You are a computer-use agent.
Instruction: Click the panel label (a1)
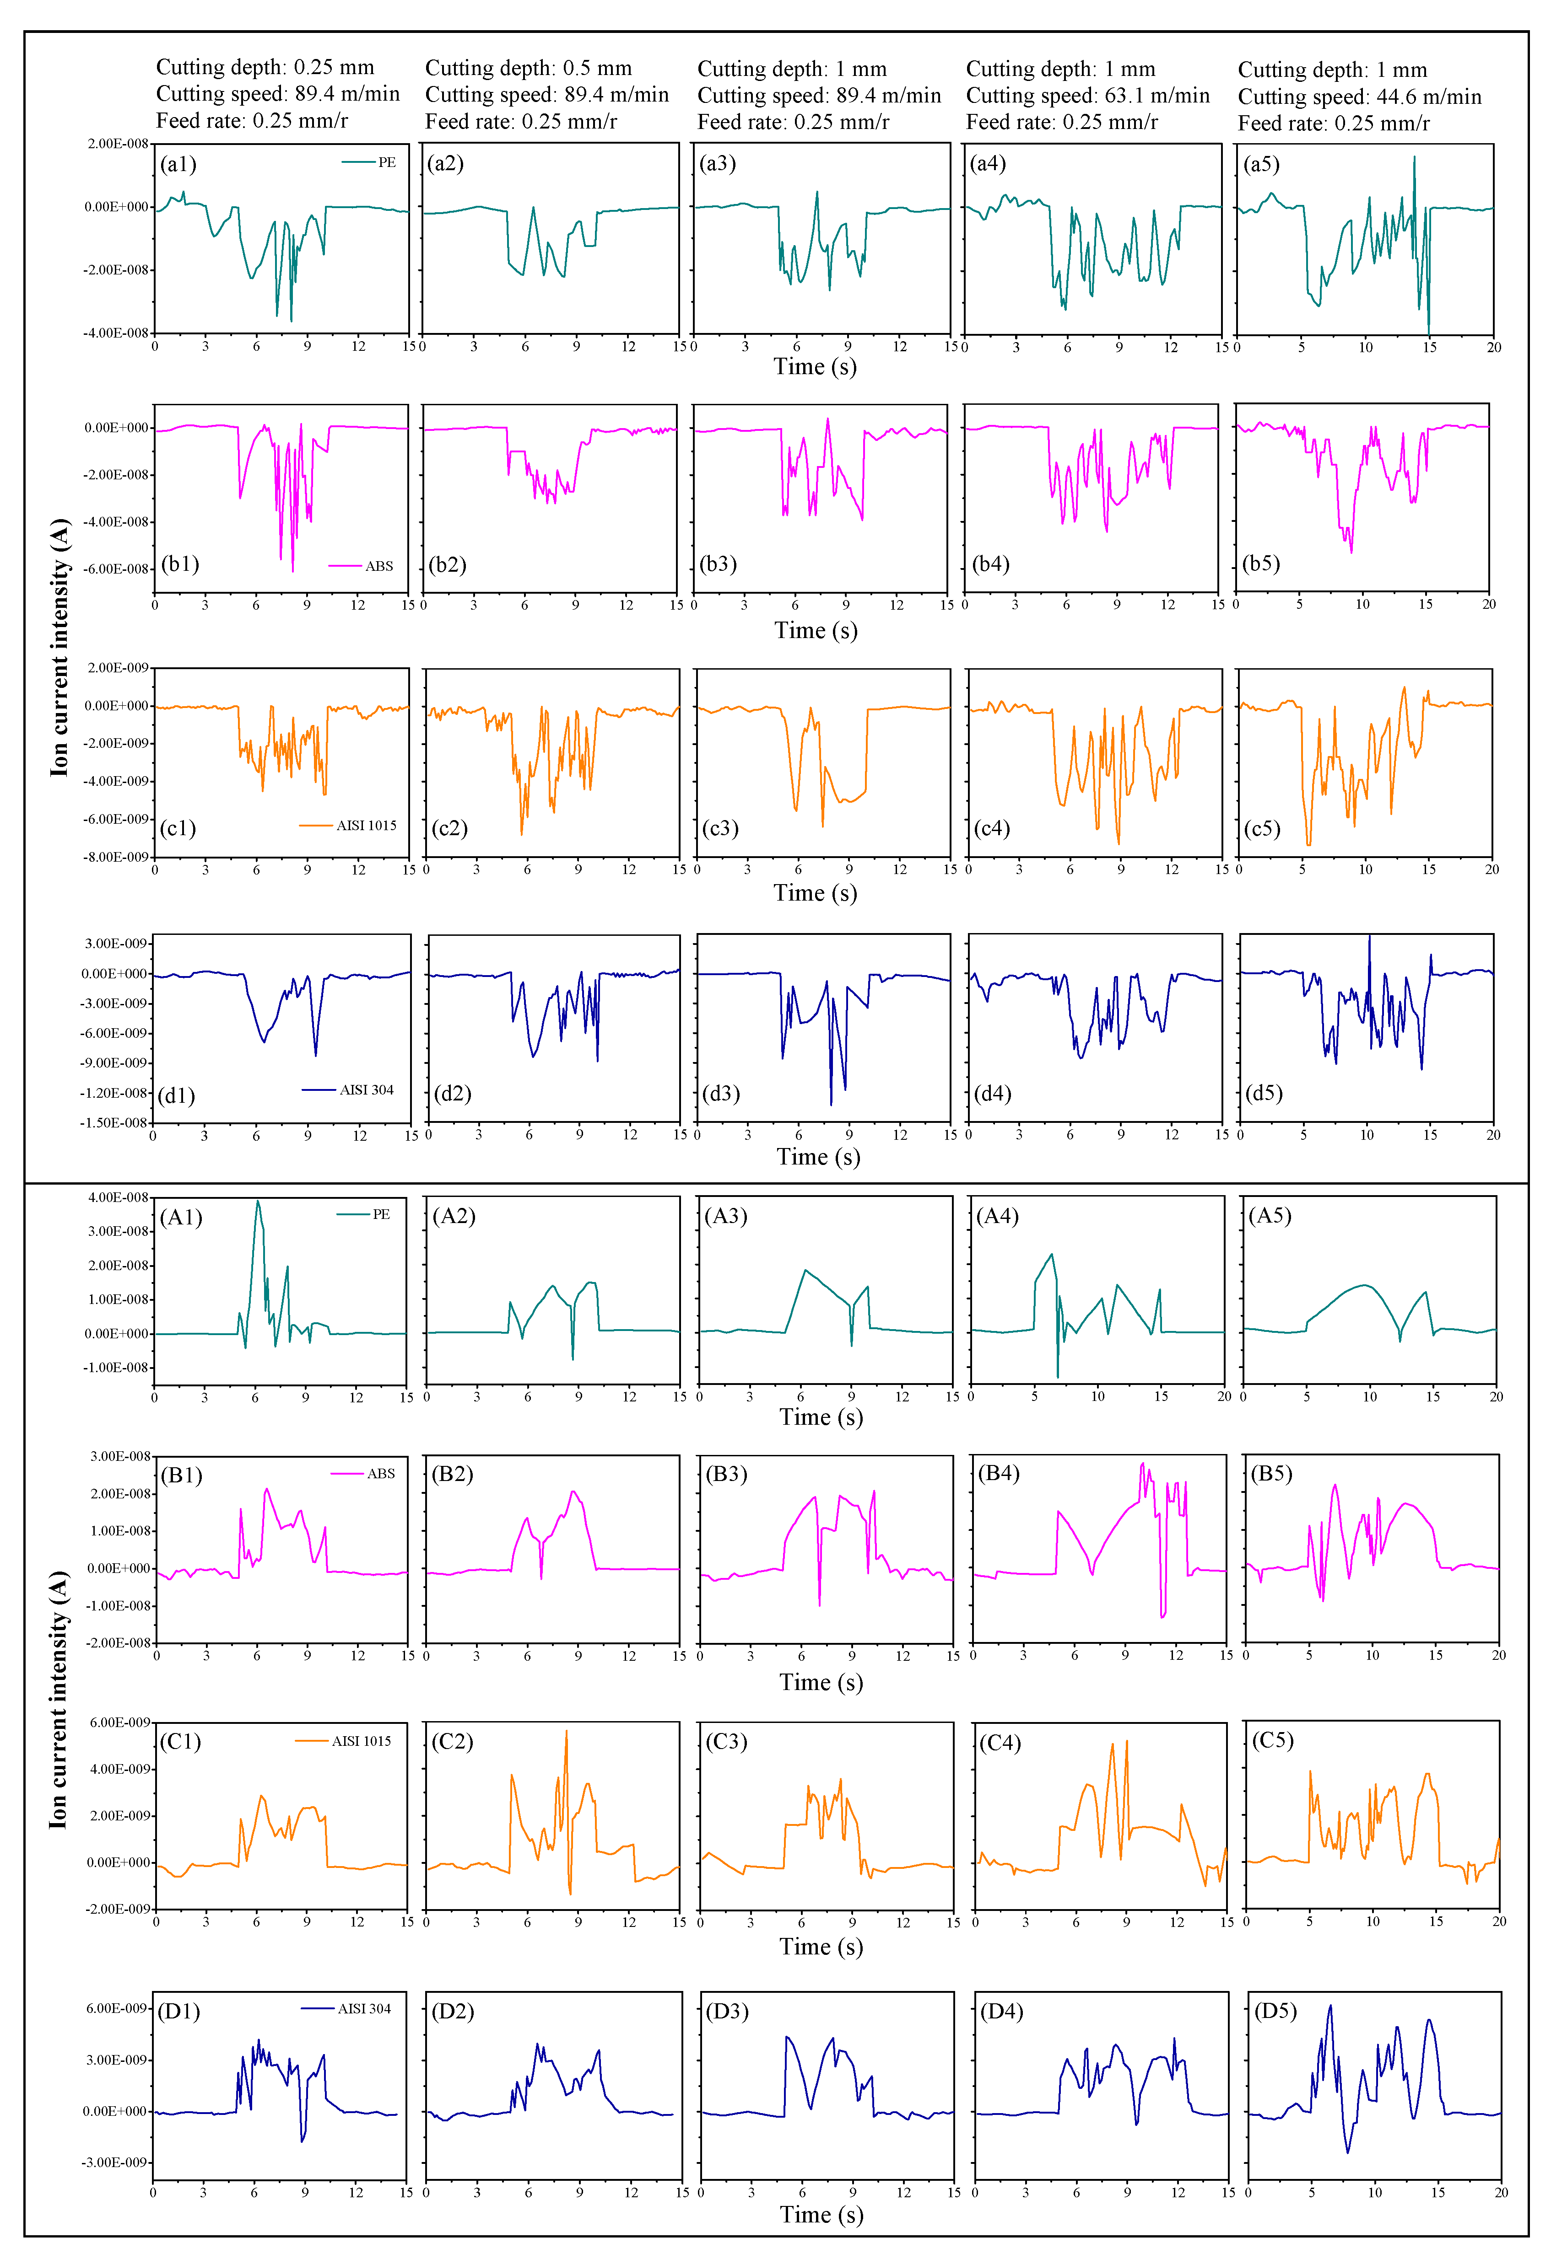[178, 164]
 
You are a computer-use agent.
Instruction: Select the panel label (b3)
[719, 565]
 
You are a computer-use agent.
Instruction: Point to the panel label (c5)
[1262, 829]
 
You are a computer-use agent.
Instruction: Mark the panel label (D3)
[726, 2011]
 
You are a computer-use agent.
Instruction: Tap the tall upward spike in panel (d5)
[1369, 937]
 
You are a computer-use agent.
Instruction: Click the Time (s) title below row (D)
[821, 2214]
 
